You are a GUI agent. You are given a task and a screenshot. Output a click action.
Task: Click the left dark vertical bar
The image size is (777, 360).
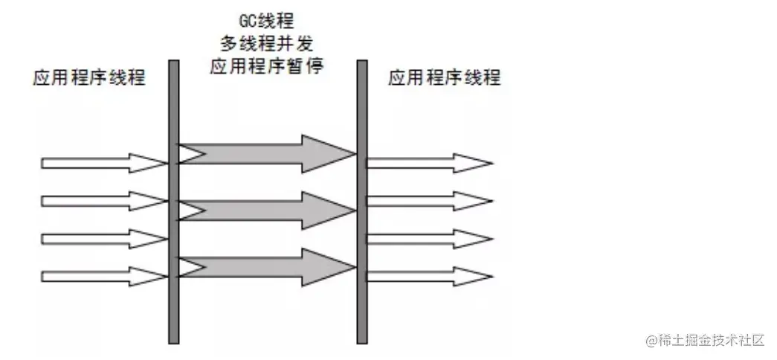click(173, 201)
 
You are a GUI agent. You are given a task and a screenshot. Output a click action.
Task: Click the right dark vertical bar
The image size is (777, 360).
click(362, 201)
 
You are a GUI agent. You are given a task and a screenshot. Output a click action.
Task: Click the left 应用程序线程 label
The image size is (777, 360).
click(89, 77)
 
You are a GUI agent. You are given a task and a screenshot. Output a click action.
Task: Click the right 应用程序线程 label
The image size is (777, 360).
click(444, 77)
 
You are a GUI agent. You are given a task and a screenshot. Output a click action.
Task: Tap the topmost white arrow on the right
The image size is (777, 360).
click(428, 162)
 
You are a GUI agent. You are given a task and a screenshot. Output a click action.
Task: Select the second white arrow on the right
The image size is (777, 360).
click(428, 201)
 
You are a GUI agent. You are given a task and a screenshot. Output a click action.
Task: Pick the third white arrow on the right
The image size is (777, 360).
click(428, 239)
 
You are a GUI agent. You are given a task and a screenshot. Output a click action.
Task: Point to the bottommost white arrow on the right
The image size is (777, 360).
click(428, 276)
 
